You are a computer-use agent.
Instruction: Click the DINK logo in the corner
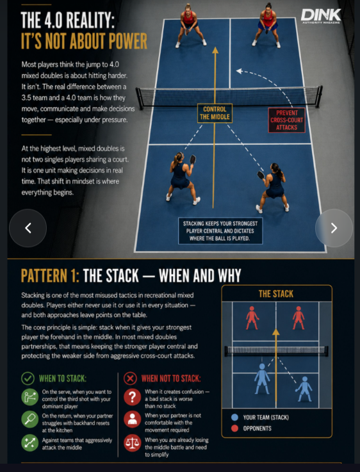tap(321, 16)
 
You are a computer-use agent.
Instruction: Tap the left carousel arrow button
tap(28, 228)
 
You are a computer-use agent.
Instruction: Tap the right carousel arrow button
tap(334, 228)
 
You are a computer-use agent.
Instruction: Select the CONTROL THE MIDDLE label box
tap(215, 113)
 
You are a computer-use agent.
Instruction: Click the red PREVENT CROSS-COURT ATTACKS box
tap(286, 120)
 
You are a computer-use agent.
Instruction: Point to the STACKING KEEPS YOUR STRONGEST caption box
tap(220, 231)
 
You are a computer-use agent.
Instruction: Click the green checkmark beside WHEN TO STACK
tap(28, 378)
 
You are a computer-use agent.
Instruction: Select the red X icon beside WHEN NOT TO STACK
tap(130, 378)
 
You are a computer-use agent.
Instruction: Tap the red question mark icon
tap(133, 397)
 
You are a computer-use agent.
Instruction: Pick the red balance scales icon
tap(133, 443)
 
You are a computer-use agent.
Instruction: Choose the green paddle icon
tap(30, 419)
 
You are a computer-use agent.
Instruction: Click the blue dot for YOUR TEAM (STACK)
tap(234, 417)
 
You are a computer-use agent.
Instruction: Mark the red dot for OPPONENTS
tap(234, 428)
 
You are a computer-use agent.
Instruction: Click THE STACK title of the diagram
tap(276, 294)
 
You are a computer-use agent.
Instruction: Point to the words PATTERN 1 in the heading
tap(50, 275)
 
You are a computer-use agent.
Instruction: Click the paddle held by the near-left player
tap(193, 159)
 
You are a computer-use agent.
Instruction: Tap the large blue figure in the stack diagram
tap(262, 378)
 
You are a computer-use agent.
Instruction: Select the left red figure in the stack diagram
tap(252, 318)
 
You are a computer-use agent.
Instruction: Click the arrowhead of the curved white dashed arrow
tap(239, 71)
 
